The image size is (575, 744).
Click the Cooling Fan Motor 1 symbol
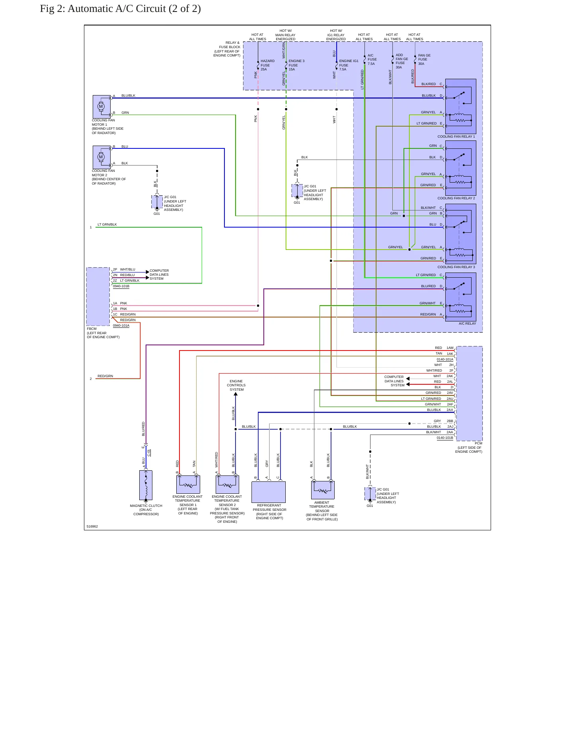[x=102, y=107]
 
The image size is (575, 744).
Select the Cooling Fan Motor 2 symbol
[x=102, y=157]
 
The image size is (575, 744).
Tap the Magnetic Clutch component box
[x=146, y=485]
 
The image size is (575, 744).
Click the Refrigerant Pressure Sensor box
[x=269, y=492]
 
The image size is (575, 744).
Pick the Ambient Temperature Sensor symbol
[x=323, y=490]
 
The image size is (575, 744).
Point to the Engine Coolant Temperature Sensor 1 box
[x=188, y=484]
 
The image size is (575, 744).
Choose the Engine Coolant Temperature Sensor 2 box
[x=227, y=484]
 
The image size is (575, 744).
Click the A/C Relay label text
[x=467, y=323]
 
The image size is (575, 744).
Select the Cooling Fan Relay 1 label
[x=456, y=136]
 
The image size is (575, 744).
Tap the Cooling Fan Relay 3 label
[x=456, y=267]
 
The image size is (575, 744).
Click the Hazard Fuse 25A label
[x=267, y=65]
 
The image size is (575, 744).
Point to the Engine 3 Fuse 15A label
[x=296, y=65]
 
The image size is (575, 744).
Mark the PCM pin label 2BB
[x=450, y=421]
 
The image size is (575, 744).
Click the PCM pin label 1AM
[x=450, y=348]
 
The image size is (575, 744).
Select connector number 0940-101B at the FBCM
[x=121, y=286]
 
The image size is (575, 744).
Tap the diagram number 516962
[x=92, y=526]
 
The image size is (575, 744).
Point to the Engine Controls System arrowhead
[x=236, y=394]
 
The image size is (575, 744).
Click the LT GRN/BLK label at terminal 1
[x=107, y=224]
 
